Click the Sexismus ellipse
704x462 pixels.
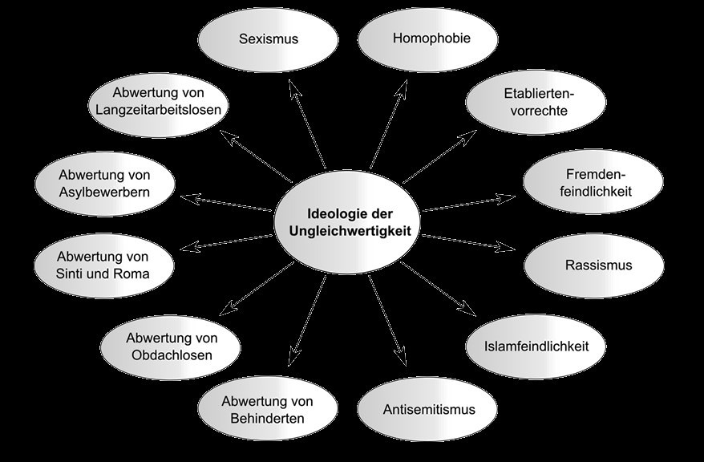[x=268, y=39]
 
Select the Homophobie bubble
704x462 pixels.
[x=428, y=39]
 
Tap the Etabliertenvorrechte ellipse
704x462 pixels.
[x=536, y=103]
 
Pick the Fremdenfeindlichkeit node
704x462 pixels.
[x=593, y=182]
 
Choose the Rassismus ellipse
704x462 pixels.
[x=594, y=265]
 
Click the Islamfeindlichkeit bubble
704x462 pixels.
[x=536, y=346]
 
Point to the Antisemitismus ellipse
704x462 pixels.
[x=427, y=410]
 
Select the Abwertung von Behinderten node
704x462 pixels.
[x=268, y=408]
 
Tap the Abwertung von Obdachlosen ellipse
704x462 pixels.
[x=170, y=347]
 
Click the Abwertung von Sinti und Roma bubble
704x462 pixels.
[x=104, y=265]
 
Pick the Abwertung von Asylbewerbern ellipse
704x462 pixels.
[x=104, y=184]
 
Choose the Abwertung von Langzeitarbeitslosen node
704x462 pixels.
[x=158, y=105]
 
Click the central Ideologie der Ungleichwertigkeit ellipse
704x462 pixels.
[x=347, y=222]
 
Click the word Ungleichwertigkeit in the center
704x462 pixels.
[x=350, y=232]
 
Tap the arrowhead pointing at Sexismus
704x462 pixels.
[x=293, y=87]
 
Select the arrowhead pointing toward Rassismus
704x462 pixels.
[x=507, y=246]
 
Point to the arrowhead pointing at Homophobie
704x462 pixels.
[x=402, y=88]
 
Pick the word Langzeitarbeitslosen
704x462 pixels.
[x=159, y=110]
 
